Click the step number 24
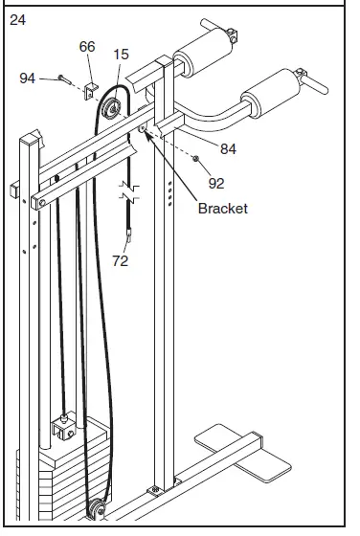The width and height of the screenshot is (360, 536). point(18,20)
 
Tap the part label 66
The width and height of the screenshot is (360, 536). point(87,47)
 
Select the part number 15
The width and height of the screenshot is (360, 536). point(121,54)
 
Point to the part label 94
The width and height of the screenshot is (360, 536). point(28,78)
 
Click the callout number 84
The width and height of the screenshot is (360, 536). point(228,148)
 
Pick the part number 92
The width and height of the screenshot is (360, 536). point(216,184)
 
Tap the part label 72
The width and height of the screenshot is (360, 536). point(121,260)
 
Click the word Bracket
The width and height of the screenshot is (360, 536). point(223,209)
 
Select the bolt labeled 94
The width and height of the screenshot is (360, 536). point(65,79)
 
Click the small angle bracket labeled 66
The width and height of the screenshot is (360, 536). point(90,91)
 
